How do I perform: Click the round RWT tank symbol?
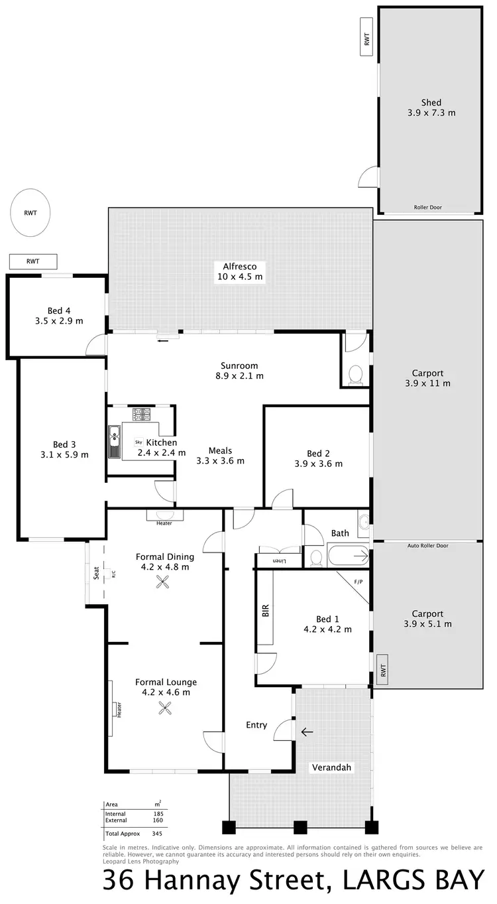(30, 213)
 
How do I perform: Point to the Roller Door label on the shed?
(427, 208)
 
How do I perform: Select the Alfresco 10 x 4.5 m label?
(240, 271)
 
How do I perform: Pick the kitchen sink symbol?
(115, 438)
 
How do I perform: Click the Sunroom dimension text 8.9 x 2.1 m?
(239, 375)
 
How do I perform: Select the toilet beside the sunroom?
(356, 373)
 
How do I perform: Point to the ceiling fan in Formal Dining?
(163, 582)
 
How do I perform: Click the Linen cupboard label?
(280, 562)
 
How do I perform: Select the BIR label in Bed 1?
(266, 611)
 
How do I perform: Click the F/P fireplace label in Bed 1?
(359, 582)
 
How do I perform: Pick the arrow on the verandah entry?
(307, 732)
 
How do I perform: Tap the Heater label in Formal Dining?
(164, 523)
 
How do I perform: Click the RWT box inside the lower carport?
(382, 672)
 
